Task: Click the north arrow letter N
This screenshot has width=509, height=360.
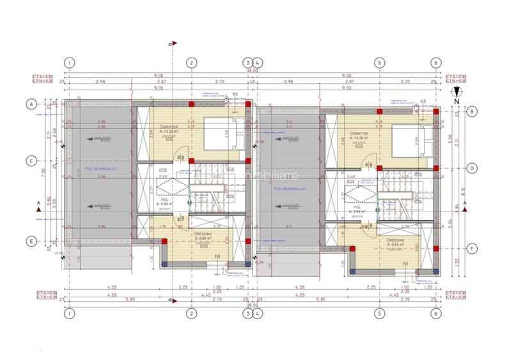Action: point(456,101)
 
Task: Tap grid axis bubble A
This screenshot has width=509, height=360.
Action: point(29,103)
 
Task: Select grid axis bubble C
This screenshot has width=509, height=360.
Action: point(29,161)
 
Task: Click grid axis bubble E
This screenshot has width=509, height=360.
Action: point(29,241)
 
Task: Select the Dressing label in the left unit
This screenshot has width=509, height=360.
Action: point(203,235)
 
